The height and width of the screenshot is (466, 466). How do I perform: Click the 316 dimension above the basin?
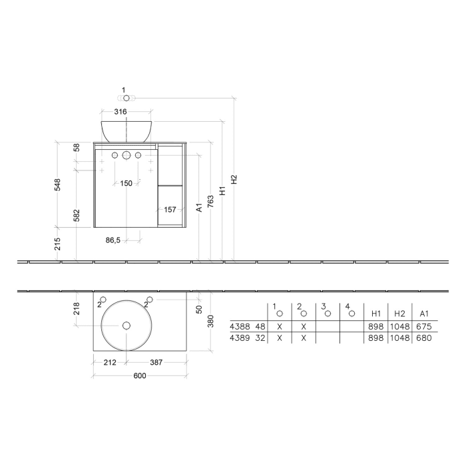pos(120,112)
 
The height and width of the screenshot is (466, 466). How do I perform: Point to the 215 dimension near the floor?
pos(58,243)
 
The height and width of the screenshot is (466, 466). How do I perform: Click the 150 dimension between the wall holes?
pos(126,184)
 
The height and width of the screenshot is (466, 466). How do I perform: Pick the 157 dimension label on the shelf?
pos(170,210)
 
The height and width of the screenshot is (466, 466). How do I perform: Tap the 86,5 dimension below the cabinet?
pos(113,240)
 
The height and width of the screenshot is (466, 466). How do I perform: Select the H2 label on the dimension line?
pos(234,179)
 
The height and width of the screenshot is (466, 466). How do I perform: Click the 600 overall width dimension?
pos(139,376)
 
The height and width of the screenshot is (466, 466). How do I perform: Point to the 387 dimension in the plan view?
pos(156,363)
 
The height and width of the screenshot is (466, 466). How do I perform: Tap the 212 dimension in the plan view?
pos(110,363)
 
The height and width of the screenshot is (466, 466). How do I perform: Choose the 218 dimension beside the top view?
pos(77,308)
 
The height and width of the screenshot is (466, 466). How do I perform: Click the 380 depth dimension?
pos(210,321)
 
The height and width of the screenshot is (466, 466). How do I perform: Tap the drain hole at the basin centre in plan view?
pos(126,325)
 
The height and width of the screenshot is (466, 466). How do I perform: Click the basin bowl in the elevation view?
pos(126,130)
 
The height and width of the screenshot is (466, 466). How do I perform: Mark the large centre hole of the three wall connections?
pos(126,156)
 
